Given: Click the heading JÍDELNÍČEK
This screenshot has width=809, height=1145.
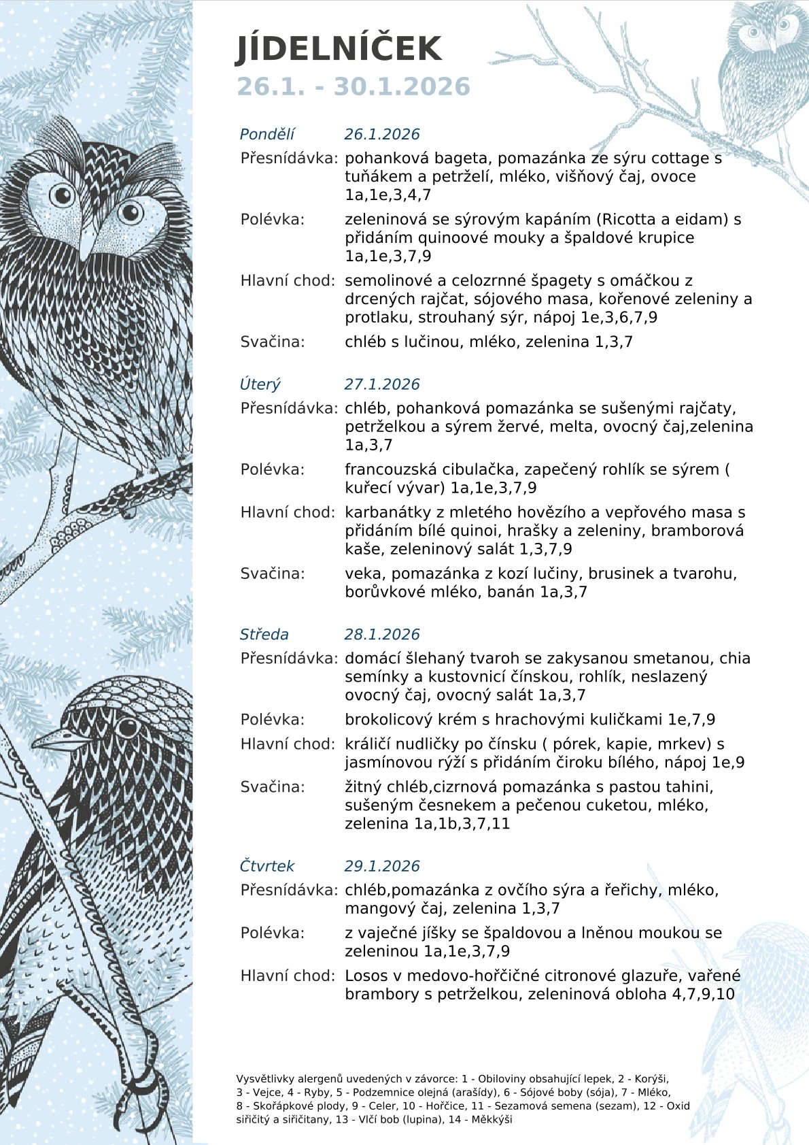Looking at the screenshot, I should (x=339, y=49).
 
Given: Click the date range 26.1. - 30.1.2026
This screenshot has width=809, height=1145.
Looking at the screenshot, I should (x=353, y=87).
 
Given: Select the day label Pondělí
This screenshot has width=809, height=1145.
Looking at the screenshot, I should (x=267, y=134).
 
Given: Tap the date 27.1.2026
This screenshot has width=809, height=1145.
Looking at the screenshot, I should (x=382, y=384).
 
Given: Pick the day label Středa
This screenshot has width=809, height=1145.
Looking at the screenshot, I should (x=264, y=634).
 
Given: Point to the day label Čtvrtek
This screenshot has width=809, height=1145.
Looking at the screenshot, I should (x=266, y=866).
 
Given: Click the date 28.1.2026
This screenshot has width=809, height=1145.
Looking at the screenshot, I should (x=382, y=634).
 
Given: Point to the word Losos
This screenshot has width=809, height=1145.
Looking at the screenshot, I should (x=366, y=976).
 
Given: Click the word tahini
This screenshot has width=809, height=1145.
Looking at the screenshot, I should (x=689, y=787).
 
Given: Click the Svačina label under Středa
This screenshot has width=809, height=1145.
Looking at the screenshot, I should (x=273, y=787).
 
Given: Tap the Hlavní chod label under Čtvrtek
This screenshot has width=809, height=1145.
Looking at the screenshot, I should (x=288, y=976).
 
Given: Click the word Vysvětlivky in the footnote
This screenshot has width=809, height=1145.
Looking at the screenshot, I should (x=261, y=1079).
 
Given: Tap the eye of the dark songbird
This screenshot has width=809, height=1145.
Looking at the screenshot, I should (x=127, y=728).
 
